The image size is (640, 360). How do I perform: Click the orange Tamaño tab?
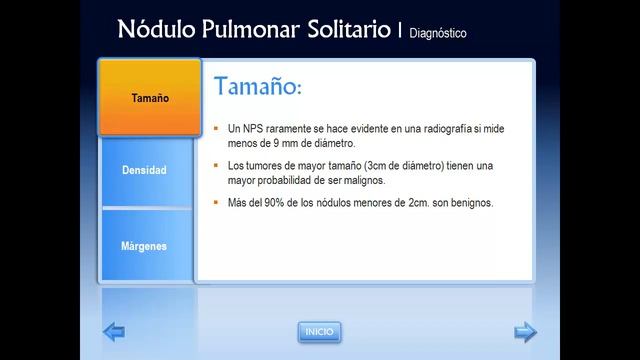pyautogui.click(x=149, y=98)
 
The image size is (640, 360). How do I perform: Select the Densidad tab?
pyautogui.click(x=144, y=171)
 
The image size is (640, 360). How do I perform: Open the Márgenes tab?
pyautogui.click(x=144, y=245)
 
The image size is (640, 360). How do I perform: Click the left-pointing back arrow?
pyautogui.click(x=115, y=331)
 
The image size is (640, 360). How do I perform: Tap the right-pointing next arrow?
pyautogui.click(x=525, y=331)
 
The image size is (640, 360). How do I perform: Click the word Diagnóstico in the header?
pyautogui.click(x=437, y=32)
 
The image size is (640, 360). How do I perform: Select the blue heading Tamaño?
pyautogui.click(x=257, y=87)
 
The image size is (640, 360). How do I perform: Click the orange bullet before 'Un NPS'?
pyautogui.click(x=216, y=130)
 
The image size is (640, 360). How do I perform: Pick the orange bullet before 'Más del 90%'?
pyautogui.click(x=216, y=203)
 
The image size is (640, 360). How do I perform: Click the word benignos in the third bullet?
pyautogui.click(x=470, y=203)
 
